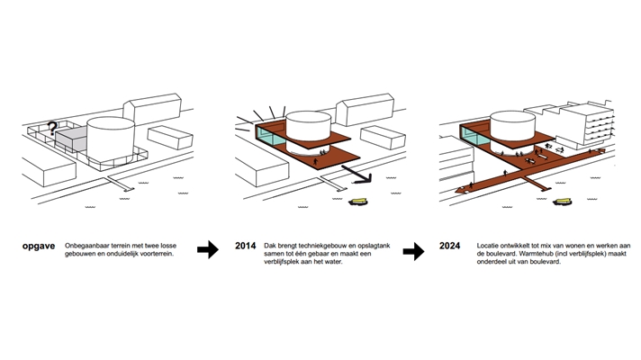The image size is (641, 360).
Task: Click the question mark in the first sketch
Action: tap(53, 129)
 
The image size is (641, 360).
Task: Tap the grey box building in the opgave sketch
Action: tap(73, 142)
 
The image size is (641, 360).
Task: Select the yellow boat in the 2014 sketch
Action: tap(363, 202)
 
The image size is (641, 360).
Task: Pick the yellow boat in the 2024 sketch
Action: tap(566, 201)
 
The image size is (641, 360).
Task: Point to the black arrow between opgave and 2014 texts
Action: tap(208, 251)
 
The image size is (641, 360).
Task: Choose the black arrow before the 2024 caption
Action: tap(413, 251)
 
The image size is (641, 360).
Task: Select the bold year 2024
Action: tap(453, 246)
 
